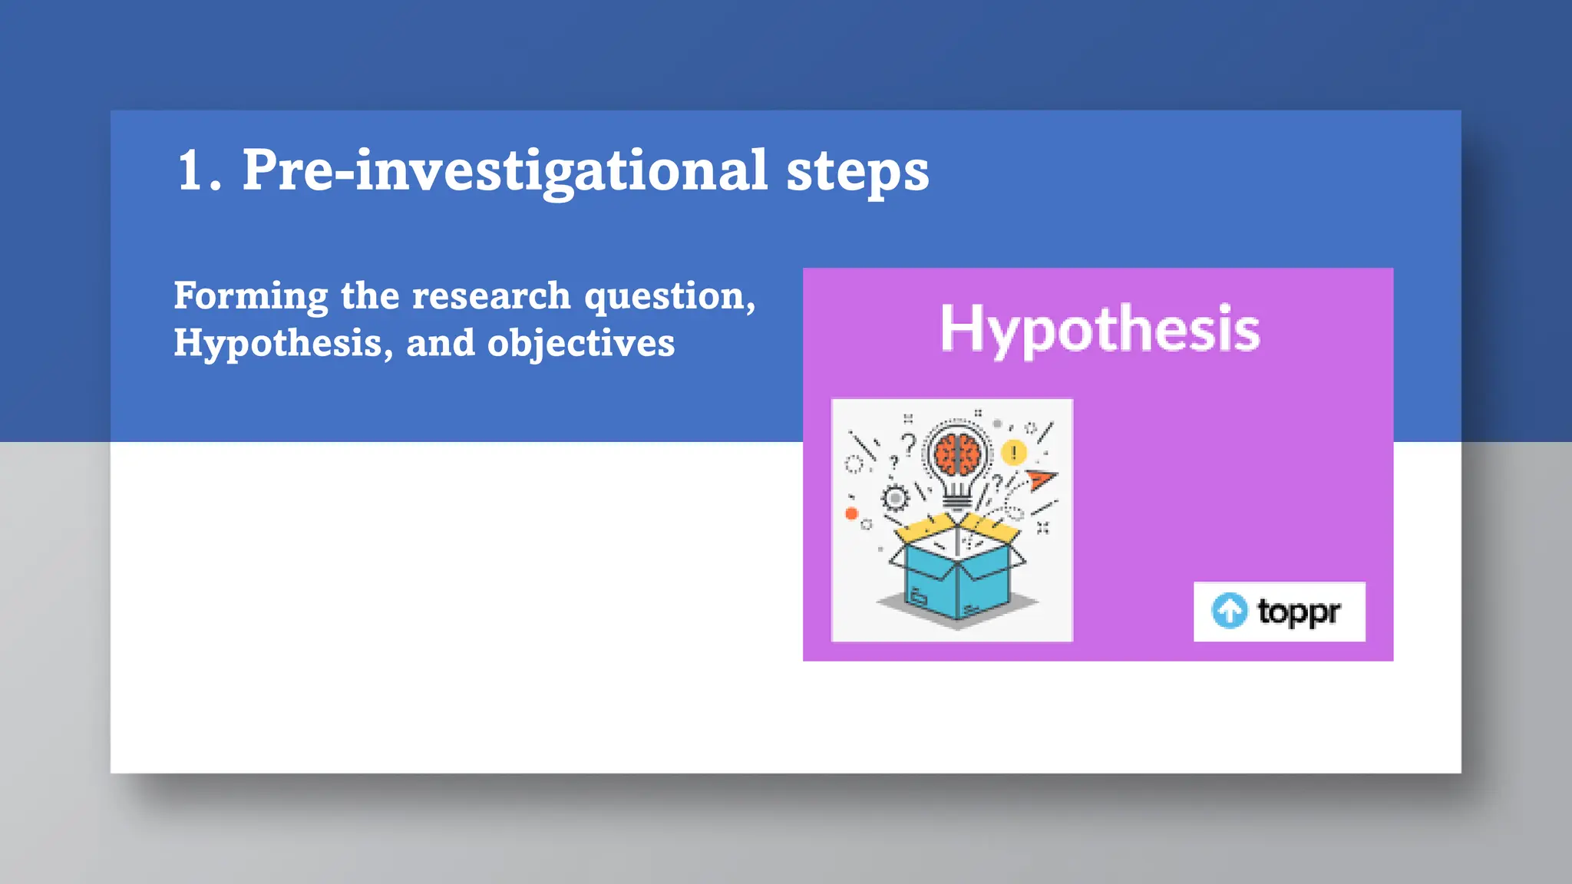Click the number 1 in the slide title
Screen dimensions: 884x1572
point(191,170)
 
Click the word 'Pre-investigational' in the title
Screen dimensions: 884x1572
point(505,170)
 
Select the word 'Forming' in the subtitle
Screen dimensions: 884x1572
point(251,297)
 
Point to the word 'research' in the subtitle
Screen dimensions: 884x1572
point(491,296)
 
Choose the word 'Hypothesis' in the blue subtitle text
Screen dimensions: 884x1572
point(277,343)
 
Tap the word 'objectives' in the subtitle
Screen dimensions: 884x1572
point(581,344)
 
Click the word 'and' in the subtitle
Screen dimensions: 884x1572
point(441,342)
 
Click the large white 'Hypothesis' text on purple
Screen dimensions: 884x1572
point(1100,328)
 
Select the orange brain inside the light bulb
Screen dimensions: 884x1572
point(957,455)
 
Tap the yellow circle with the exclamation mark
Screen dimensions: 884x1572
point(1014,453)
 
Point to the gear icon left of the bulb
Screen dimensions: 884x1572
point(895,499)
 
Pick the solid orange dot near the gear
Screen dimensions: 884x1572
point(851,513)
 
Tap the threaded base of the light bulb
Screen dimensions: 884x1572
point(956,500)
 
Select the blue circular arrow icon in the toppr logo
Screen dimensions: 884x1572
point(1230,612)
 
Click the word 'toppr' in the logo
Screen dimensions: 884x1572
point(1299,612)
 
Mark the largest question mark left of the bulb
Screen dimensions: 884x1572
point(909,444)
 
